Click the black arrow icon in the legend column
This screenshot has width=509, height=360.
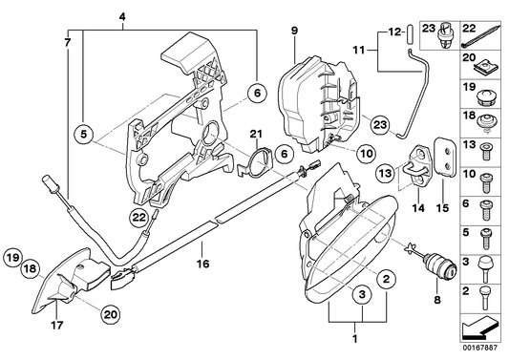[x=479, y=328]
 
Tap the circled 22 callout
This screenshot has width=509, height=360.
[x=139, y=218]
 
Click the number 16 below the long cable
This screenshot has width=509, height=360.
[x=202, y=264]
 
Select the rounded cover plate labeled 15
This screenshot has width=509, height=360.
[x=445, y=157]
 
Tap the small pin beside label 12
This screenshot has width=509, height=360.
[x=410, y=33]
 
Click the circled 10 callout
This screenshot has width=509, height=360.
[x=367, y=153]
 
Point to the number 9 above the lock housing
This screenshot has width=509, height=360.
[x=294, y=32]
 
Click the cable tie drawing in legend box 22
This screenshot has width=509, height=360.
[x=480, y=35]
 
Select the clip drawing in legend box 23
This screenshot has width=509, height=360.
[x=445, y=35]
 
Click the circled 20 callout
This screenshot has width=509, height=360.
[x=111, y=314]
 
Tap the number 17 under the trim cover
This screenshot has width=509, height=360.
[x=56, y=325]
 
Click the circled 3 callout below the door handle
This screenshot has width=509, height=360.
[x=362, y=294]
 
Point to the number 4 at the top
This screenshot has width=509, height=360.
[x=122, y=17]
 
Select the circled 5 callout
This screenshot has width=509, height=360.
[x=84, y=134]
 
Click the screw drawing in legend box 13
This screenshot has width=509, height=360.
[x=486, y=151]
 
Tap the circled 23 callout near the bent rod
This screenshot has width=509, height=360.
[x=380, y=124]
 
